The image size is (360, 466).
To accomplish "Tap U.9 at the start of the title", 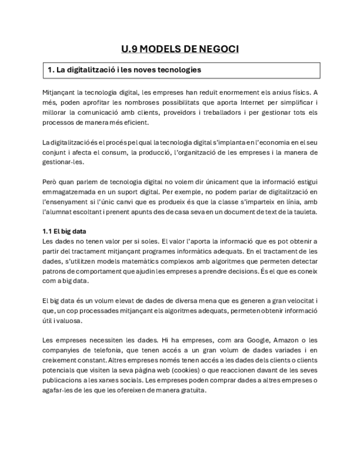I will [x=129, y=49].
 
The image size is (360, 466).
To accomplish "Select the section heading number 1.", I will [x=50, y=70].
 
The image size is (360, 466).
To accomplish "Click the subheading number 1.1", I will [x=48, y=231].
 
